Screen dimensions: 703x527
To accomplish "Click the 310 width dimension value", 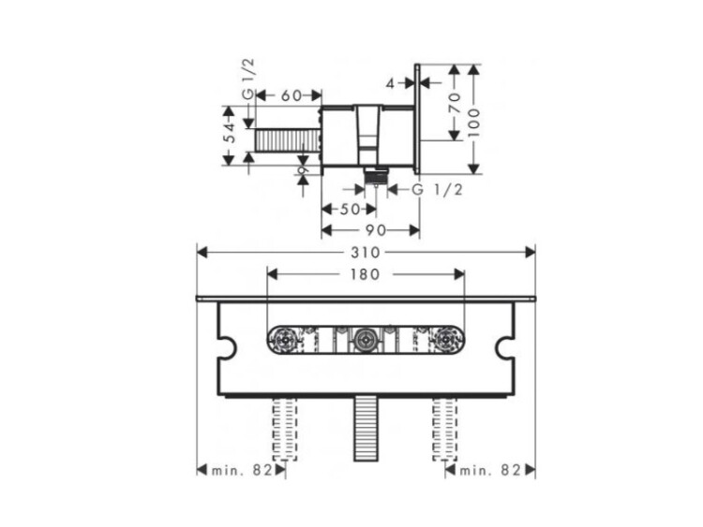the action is pos(366,253).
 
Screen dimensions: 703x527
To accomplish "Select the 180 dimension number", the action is pos(366,274).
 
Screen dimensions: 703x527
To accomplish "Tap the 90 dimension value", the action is pos(376,230).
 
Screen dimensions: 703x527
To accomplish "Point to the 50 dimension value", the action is pos(350,209).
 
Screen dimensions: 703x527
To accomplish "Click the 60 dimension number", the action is pos(292,95).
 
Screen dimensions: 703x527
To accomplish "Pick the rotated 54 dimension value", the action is pos(230,133).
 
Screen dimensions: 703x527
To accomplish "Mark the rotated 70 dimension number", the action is pos(455,103).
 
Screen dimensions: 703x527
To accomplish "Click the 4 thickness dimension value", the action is pos(391,83).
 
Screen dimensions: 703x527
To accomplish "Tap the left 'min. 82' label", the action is pos(242,470).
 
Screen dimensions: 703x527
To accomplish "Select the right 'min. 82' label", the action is pos(490,470).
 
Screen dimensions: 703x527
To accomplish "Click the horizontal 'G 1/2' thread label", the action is pos(437,189).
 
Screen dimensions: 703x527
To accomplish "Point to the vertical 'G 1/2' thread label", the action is pos(248,79).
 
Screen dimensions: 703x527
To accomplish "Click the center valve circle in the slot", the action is pos(366,340).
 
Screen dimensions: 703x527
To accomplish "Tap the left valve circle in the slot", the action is pos(285,340).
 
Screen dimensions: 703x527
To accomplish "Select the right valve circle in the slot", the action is pos(445,340).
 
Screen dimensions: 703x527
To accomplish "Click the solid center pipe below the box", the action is pos(366,429).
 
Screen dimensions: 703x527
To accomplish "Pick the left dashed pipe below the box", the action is pos(285,429).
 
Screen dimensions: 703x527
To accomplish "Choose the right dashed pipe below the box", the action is pos(445,429).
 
